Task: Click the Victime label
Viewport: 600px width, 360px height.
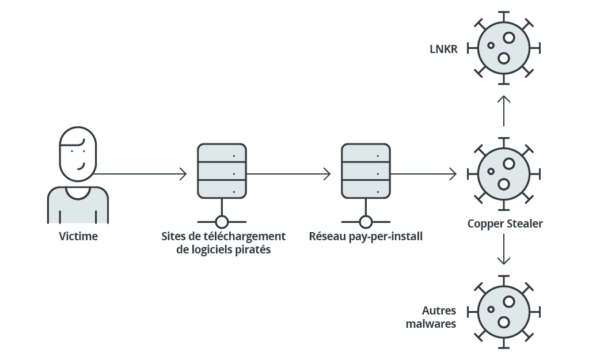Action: pyautogui.click(x=78, y=236)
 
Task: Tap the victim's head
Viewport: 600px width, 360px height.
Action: pyautogui.click(x=78, y=153)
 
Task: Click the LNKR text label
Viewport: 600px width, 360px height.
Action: pyautogui.click(x=443, y=50)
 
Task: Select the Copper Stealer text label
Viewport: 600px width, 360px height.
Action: pyautogui.click(x=504, y=223)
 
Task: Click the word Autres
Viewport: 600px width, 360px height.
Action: pyautogui.click(x=439, y=311)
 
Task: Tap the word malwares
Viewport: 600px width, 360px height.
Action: pyautogui.click(x=431, y=324)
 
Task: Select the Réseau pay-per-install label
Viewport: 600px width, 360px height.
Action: pyautogui.click(x=366, y=236)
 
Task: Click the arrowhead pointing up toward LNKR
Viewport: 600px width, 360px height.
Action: pyautogui.click(x=504, y=98)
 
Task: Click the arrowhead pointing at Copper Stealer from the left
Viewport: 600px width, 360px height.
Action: pyautogui.click(x=453, y=173)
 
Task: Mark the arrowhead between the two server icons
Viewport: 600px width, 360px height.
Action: pyautogui.click(x=327, y=173)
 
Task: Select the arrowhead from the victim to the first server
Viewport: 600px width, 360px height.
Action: pyautogui.click(x=183, y=173)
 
